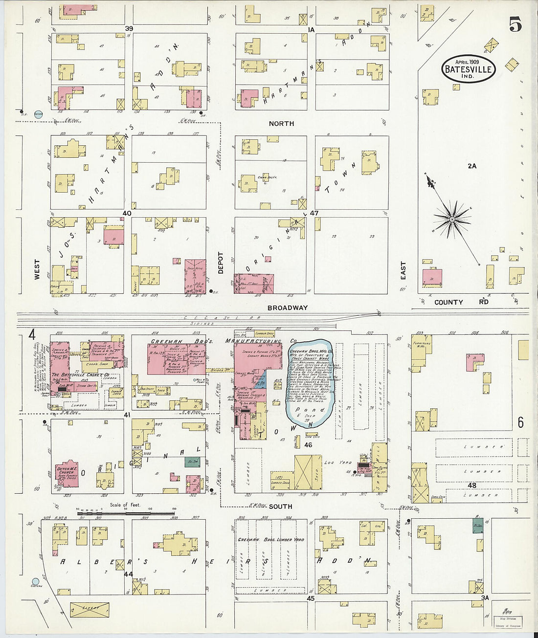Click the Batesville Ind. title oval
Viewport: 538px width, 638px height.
pos(468,68)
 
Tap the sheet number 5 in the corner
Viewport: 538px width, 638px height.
pos(514,24)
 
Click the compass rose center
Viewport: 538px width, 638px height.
pos(452,220)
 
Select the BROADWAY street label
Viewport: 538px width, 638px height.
pos(288,308)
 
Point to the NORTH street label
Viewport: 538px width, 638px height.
pos(281,124)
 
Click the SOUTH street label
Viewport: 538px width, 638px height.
pos(280,506)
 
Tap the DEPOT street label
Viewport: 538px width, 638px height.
pos(221,263)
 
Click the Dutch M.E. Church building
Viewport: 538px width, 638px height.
pos(67,474)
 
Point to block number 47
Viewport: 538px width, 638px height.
pos(314,213)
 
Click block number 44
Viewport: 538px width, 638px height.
pos(128,574)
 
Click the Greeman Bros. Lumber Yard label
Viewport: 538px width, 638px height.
pos(270,540)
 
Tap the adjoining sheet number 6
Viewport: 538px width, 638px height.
pos(520,422)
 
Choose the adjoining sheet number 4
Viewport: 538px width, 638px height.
pos(32,335)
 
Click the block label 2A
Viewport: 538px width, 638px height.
pos(471,166)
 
